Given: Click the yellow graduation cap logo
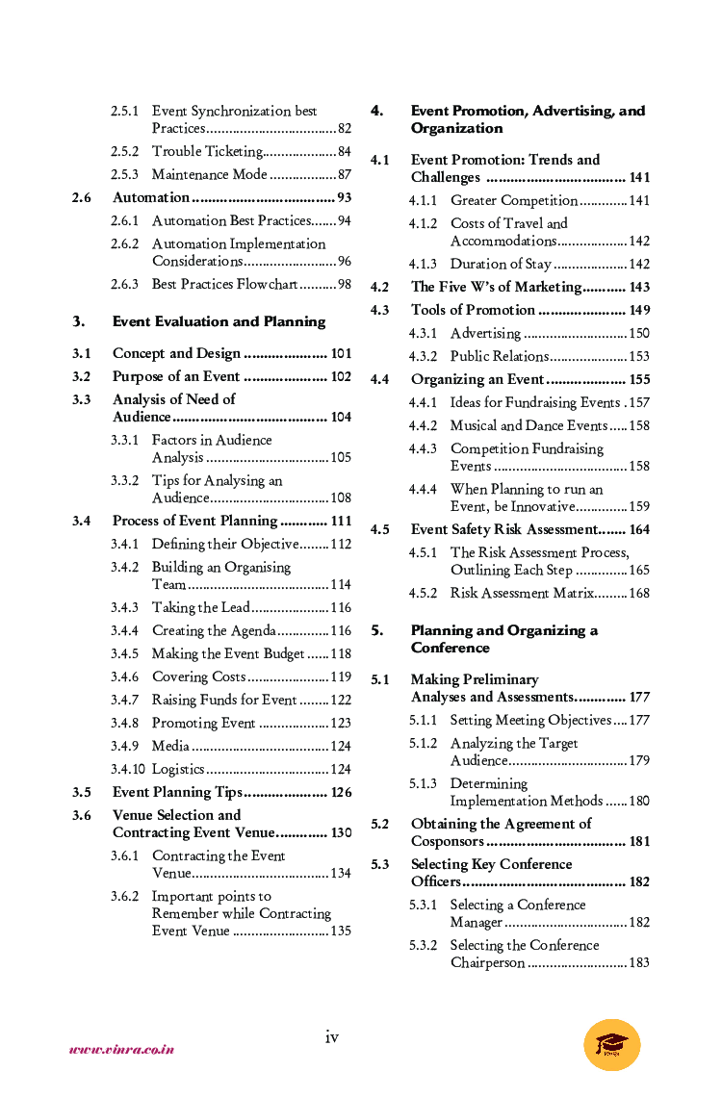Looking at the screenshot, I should pos(611,1046).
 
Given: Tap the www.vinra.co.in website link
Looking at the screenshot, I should pos(121,1049).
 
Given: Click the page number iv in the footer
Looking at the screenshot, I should pos(331,1036).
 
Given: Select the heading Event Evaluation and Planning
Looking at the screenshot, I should pos(219,321).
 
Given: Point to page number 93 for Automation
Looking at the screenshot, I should pos(344,197).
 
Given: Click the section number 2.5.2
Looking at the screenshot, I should pos(124,151).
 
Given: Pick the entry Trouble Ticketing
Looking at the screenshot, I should pos(207,151).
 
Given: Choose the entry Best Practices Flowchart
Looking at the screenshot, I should pos(224,284).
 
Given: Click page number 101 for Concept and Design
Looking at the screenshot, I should pos(341,353).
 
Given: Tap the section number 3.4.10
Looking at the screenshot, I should pos(127,769).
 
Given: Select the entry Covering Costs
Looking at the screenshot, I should pos(199,676).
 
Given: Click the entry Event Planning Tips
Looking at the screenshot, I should pos(177,792).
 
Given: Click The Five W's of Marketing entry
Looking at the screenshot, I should pos(496,287).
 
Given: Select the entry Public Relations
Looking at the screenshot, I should pos(499,356).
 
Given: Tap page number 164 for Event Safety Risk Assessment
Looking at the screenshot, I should pos(639,529).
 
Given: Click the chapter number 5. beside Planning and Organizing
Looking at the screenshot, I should pos(377,630).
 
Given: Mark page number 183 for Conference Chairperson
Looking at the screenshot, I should pos(638,962).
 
